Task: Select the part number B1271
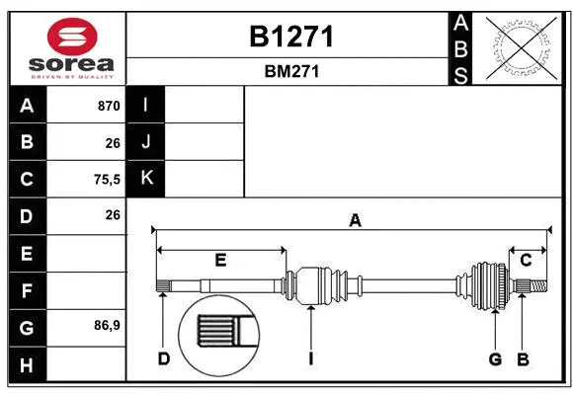click(x=290, y=38)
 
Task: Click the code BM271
click(x=290, y=71)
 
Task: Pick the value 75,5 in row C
click(x=105, y=180)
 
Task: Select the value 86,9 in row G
click(x=106, y=325)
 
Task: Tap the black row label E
click(x=27, y=254)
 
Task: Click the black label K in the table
click(x=146, y=179)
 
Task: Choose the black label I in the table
click(x=146, y=106)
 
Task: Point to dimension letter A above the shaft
click(x=354, y=221)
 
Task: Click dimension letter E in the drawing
click(x=220, y=261)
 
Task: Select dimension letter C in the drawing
click(x=526, y=260)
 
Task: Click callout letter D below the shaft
click(x=164, y=358)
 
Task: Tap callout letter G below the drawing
click(x=496, y=358)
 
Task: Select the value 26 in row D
click(x=112, y=215)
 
